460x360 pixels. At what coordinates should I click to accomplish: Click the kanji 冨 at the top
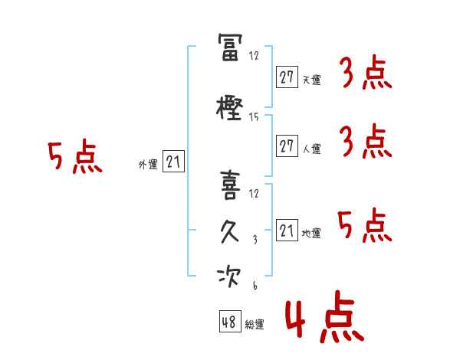(x=230, y=47)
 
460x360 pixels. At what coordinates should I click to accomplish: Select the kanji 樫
(x=229, y=109)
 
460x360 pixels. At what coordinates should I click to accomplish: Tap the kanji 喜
(x=230, y=185)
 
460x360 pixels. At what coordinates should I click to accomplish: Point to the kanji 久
(x=230, y=231)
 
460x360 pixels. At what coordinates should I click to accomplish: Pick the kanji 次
(x=229, y=277)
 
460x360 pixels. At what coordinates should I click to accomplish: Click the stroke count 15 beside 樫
(x=254, y=117)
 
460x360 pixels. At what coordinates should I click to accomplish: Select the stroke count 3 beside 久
(x=255, y=240)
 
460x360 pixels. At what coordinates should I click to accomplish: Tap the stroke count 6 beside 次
(x=255, y=285)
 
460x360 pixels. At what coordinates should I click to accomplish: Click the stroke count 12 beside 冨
(x=254, y=55)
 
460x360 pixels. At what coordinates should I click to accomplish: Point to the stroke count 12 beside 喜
(x=254, y=194)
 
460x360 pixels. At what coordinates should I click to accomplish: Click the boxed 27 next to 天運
(x=287, y=77)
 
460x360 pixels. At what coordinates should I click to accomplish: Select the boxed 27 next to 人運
(x=287, y=146)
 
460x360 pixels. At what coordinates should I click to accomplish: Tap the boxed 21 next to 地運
(x=287, y=230)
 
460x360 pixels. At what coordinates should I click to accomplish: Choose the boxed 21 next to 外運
(x=173, y=161)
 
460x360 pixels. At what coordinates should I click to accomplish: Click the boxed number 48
(x=230, y=321)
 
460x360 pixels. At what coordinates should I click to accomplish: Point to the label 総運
(x=255, y=324)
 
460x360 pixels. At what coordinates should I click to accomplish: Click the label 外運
(x=148, y=165)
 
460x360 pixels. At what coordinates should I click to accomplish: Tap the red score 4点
(x=324, y=316)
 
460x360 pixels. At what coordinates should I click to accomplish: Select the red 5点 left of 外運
(x=75, y=156)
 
